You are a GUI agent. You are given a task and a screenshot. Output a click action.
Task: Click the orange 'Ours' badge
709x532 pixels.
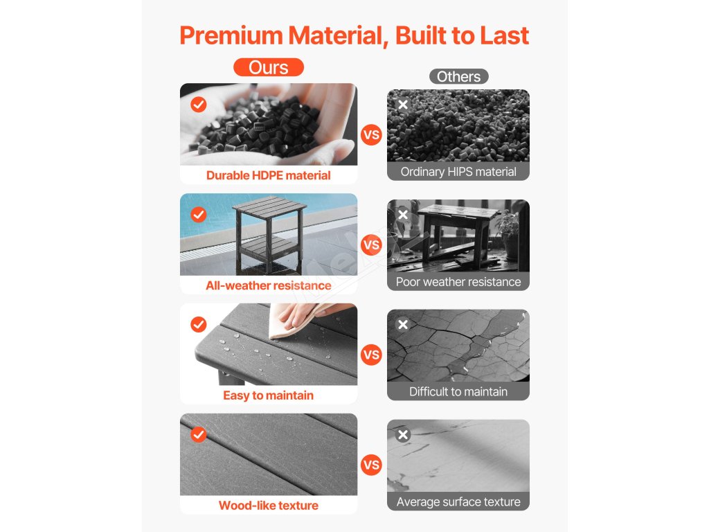(269, 67)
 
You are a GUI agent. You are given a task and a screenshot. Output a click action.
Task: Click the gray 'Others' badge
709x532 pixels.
(458, 76)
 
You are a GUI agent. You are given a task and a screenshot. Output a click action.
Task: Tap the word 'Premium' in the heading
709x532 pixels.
(231, 35)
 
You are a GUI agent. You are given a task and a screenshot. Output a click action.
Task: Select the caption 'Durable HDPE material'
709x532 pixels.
(269, 175)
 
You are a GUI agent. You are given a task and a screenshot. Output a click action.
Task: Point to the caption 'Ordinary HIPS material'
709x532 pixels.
(458, 172)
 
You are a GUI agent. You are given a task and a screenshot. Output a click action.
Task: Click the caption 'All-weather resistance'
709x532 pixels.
(269, 285)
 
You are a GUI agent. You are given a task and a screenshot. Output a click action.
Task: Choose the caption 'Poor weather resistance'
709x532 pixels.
(458, 282)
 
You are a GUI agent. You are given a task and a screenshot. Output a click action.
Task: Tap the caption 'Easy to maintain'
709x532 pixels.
(269, 396)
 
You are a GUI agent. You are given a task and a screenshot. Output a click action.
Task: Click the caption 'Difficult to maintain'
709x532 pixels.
(458, 392)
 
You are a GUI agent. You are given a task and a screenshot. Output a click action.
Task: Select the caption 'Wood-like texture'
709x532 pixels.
(269, 505)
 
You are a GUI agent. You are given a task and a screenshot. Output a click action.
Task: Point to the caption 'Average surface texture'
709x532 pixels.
(458, 502)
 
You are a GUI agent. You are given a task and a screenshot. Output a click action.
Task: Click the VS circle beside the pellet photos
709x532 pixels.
(371, 135)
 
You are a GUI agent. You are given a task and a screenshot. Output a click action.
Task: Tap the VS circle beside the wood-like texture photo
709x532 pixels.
(371, 465)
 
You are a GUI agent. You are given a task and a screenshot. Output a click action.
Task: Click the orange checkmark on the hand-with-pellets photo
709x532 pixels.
(199, 105)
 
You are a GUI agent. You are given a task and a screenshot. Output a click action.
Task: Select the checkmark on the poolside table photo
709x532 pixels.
(199, 215)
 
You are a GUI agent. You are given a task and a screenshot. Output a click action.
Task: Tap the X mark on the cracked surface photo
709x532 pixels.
(403, 324)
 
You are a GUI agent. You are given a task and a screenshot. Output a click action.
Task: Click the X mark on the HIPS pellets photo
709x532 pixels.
(403, 105)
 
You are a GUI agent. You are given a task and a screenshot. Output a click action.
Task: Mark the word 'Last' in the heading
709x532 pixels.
(504, 35)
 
